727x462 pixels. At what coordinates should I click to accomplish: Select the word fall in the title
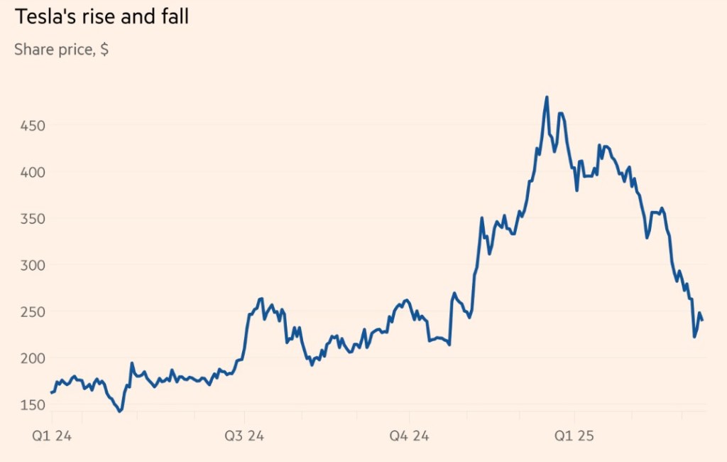pos(175,16)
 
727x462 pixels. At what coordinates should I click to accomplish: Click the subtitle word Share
pos(34,50)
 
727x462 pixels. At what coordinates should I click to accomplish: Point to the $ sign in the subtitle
pos(104,50)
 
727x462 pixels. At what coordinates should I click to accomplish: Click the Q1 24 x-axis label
pos(51,436)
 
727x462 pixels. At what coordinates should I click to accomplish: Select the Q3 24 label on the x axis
pos(244,436)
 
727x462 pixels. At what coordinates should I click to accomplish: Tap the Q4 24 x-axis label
pos(409,436)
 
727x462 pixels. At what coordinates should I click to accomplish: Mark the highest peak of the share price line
pos(547,97)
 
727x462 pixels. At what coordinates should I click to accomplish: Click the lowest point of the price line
pos(120,411)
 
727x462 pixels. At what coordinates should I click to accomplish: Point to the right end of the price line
pos(702,320)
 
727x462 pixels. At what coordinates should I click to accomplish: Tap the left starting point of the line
pos(51,392)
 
